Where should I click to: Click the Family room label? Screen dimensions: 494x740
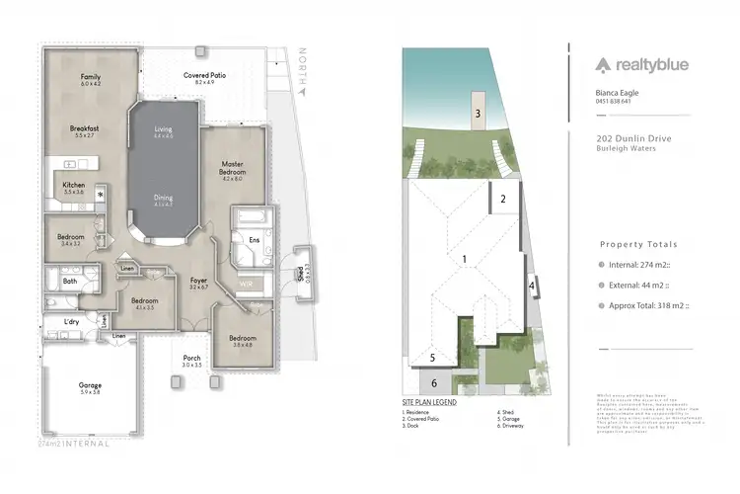[92, 76]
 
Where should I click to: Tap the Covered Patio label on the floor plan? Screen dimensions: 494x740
[205, 75]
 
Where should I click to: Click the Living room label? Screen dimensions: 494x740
[164, 129]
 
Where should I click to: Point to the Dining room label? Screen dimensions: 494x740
[164, 198]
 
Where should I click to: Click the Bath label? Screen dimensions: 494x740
[70, 282]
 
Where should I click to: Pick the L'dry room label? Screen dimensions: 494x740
[71, 322]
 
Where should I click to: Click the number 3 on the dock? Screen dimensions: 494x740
[478, 114]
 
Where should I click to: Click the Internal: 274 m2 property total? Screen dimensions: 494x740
[647, 264]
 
